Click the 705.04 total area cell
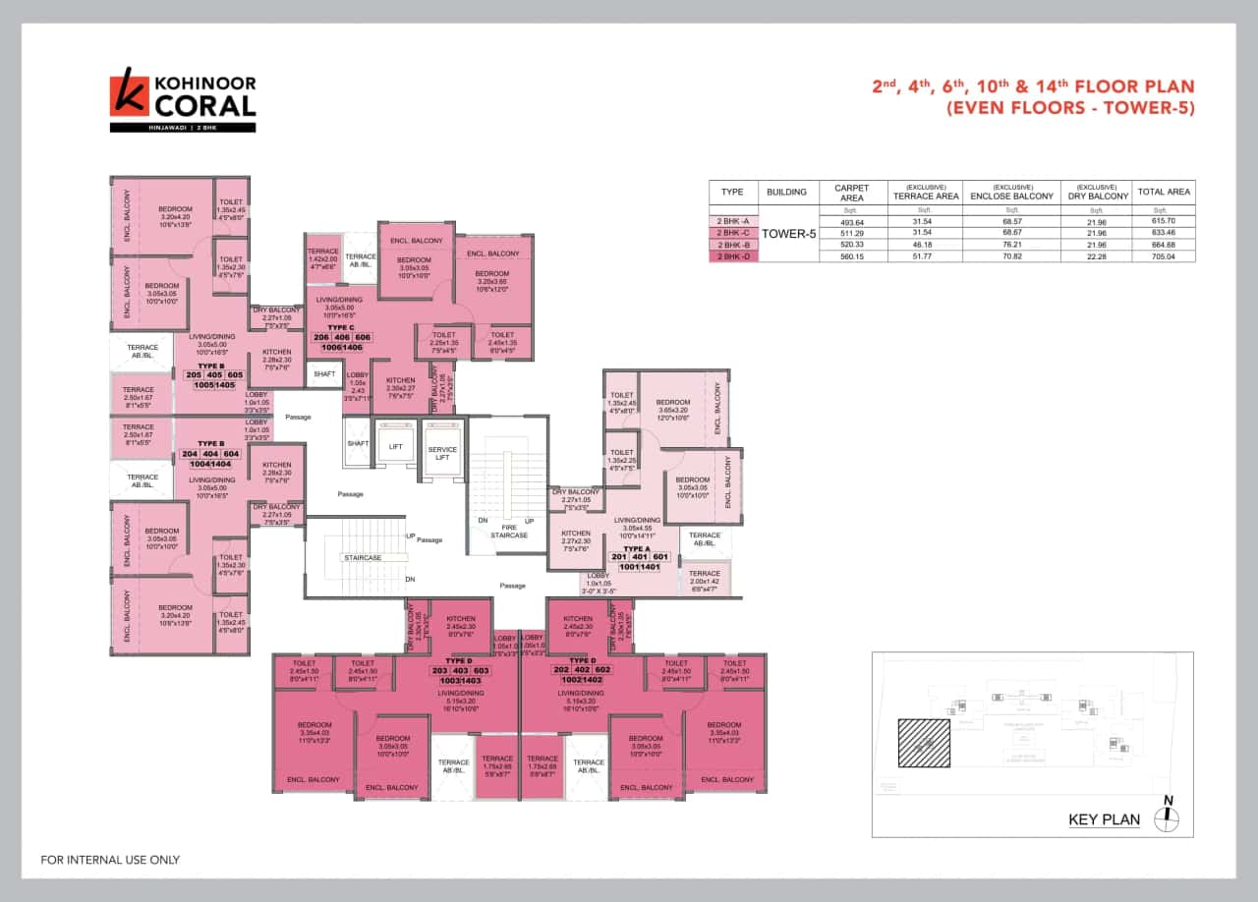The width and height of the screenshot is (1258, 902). (1165, 256)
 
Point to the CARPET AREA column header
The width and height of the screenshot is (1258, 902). (852, 192)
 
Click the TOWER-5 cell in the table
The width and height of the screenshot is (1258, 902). (790, 233)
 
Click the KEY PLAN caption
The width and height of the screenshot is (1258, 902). (1104, 819)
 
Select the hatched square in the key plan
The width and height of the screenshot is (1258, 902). (924, 744)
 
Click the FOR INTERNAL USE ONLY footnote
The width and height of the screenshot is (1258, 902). (110, 860)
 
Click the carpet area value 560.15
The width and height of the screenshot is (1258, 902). (852, 256)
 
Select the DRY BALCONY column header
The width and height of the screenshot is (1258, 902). (1096, 192)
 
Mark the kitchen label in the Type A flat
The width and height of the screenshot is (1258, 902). (575, 534)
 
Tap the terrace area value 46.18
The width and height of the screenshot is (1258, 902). (925, 245)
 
